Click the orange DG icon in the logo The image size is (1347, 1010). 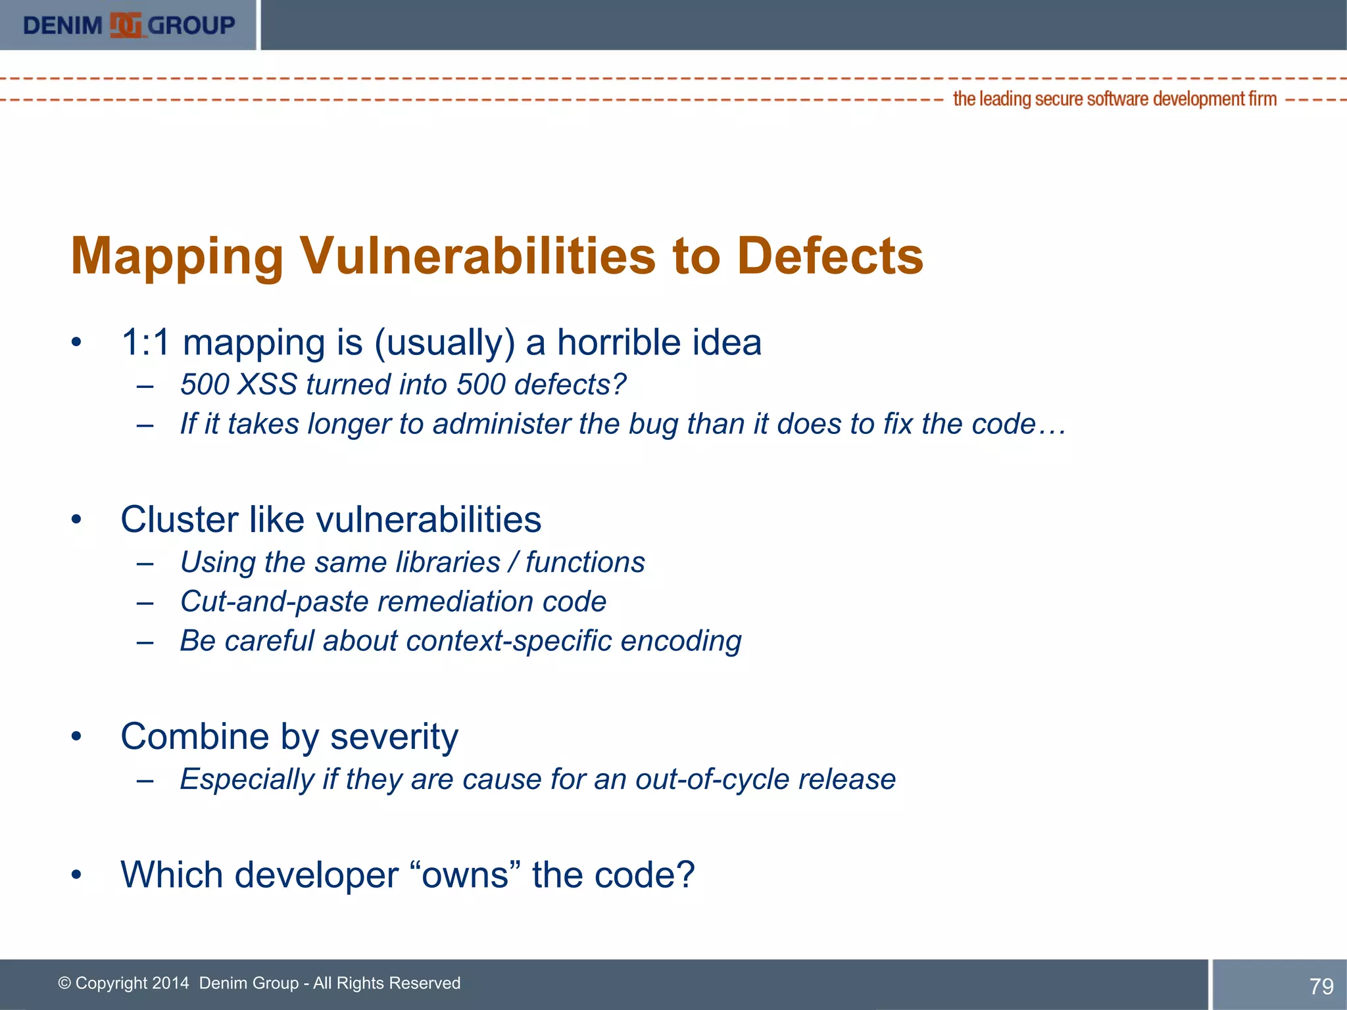(126, 26)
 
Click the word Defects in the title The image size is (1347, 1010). (830, 256)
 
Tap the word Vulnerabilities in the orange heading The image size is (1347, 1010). (478, 256)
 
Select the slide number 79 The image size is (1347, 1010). (1321, 986)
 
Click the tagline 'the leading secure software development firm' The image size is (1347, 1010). (1114, 99)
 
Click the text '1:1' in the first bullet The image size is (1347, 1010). (145, 343)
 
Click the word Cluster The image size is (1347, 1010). (179, 519)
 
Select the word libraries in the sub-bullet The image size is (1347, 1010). (448, 562)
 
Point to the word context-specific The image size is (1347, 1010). (509, 641)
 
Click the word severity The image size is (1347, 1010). (393, 736)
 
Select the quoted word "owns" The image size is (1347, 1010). (464, 875)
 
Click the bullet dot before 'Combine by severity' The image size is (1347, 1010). (77, 736)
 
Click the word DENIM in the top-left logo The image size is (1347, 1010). (62, 26)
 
